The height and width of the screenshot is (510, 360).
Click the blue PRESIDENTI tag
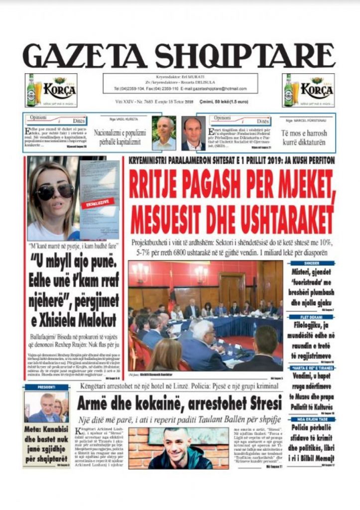45,387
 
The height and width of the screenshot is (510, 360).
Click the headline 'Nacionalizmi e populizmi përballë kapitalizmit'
120,137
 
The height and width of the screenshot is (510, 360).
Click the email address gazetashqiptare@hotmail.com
215,88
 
